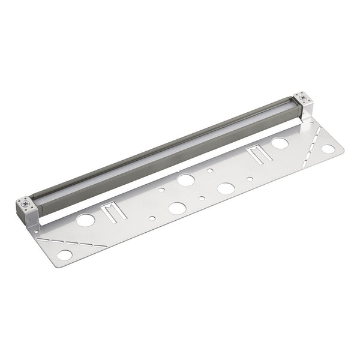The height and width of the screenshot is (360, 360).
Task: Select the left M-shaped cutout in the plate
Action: point(109,212)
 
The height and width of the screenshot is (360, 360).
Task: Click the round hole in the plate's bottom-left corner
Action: point(64,255)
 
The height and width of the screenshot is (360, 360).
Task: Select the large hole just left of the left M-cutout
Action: point(86,220)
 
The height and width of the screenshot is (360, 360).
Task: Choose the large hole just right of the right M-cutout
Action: point(280,143)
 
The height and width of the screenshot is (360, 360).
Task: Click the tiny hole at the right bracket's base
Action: point(311,122)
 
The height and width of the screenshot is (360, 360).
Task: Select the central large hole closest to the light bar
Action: point(185,179)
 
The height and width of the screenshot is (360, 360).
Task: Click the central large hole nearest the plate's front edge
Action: point(177,208)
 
